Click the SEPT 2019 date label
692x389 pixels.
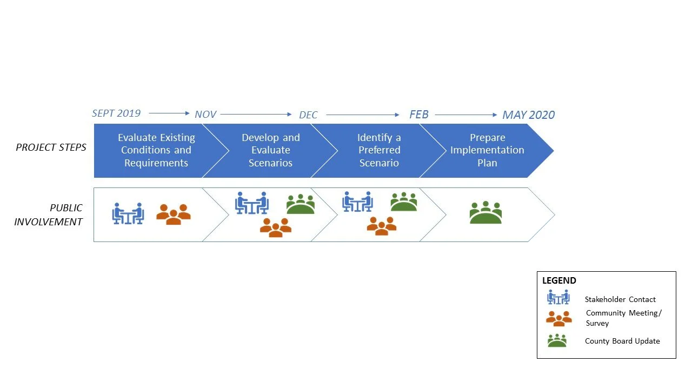click(x=116, y=113)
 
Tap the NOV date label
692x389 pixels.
click(x=205, y=115)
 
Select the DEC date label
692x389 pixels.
click(x=308, y=115)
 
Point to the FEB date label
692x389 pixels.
click(x=418, y=115)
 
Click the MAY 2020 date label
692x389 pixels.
click(x=528, y=115)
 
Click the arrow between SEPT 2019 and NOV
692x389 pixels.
click(x=169, y=113)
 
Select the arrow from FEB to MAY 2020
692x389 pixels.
click(x=466, y=115)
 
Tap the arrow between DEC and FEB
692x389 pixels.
click(x=363, y=115)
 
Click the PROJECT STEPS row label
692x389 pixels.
click(x=51, y=147)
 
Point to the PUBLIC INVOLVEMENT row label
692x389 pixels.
click(x=49, y=214)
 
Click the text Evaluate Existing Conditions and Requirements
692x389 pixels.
click(x=156, y=150)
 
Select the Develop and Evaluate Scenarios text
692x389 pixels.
click(x=270, y=150)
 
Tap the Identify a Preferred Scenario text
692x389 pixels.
click(x=379, y=150)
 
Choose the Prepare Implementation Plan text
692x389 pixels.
click(x=487, y=150)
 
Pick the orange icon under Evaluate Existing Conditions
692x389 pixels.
click(x=174, y=214)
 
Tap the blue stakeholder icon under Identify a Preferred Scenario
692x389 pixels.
click(x=357, y=202)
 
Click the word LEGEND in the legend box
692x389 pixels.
click(x=559, y=281)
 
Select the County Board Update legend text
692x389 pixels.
click(x=622, y=341)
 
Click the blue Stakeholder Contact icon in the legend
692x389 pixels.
click(x=558, y=298)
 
